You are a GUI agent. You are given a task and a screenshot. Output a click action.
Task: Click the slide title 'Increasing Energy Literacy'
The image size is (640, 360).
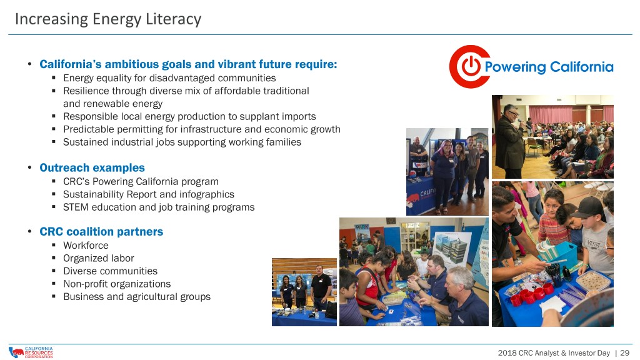coord(108,19)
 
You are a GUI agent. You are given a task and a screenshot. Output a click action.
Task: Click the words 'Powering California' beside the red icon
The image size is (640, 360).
coord(549,67)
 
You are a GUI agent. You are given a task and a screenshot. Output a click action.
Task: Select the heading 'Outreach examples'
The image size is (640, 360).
coord(92,167)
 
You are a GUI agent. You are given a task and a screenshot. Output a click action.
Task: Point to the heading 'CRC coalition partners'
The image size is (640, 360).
coord(101,231)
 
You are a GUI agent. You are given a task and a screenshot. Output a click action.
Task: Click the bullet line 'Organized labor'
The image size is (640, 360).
coord(98,258)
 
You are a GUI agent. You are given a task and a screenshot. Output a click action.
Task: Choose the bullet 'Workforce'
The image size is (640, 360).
coord(86,245)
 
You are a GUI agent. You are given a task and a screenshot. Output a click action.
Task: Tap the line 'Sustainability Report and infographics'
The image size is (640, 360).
coord(149,194)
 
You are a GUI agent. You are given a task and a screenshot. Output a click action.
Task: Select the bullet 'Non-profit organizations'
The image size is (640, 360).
coord(117,284)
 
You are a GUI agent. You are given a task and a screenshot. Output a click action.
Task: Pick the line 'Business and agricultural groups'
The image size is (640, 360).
coord(137,297)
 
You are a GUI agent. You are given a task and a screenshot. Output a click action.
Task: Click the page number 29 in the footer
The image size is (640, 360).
coord(625,353)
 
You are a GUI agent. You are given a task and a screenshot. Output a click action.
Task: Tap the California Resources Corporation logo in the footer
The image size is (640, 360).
coord(31,352)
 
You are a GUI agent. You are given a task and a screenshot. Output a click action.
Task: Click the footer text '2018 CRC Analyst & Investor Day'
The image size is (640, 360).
coord(554,353)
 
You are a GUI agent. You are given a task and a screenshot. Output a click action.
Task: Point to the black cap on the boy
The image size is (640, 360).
coord(588,207)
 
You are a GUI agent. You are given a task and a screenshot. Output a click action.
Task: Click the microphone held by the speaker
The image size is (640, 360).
coord(521,121)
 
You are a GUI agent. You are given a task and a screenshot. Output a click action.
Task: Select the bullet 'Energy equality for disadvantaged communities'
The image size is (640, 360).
coord(169,78)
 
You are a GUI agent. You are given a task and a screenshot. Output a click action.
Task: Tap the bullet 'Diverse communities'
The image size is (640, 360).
coord(110,271)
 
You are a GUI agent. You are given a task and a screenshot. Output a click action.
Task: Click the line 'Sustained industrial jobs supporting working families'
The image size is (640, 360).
coord(182,142)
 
